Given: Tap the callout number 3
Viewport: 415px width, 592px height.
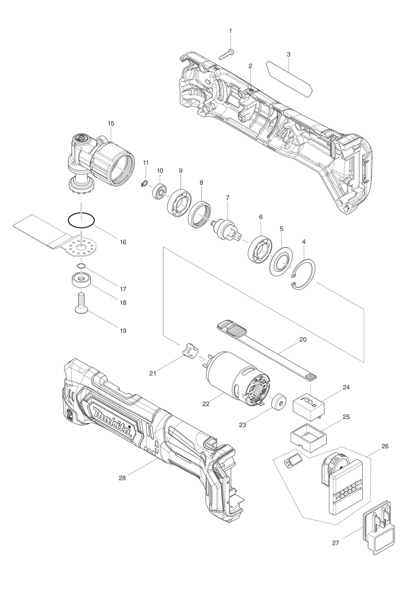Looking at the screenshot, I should [289, 54].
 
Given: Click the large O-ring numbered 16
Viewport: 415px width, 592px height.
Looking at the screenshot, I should [81, 220].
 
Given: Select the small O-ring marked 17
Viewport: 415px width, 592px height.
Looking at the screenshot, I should [81, 266].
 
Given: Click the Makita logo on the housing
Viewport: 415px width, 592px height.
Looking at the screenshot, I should [112, 421].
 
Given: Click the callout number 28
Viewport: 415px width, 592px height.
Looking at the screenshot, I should [122, 478].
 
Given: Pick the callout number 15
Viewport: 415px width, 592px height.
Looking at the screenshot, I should [111, 123].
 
